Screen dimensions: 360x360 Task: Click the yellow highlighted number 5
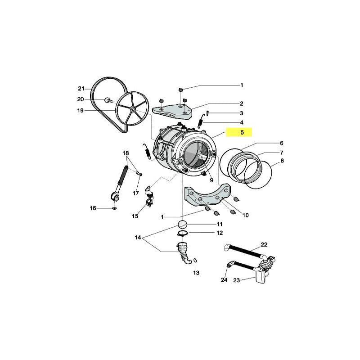tap(242, 133)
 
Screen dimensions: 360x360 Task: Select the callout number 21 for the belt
tap(81, 88)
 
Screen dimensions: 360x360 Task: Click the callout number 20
tap(81, 99)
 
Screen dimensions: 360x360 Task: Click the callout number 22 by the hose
tap(264, 244)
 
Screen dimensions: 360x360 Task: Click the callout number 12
tap(220, 233)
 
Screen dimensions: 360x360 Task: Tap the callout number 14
tap(137, 237)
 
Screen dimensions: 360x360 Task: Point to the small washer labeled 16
tap(114, 209)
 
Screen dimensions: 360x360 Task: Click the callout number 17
tap(135, 193)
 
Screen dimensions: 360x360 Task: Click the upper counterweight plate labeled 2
tap(173, 109)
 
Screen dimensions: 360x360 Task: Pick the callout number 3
tap(241, 113)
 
